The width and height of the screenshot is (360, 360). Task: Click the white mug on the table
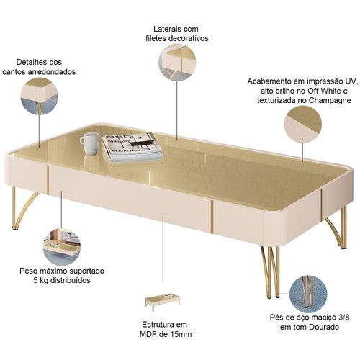[x=90, y=143]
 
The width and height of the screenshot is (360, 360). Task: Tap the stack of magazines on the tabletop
[x=132, y=148]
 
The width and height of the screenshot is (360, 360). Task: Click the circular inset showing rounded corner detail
[x=40, y=96]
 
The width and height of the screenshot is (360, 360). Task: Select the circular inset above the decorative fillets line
[x=177, y=63]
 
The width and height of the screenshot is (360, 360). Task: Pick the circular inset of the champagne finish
[x=303, y=125]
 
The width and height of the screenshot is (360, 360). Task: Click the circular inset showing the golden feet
[x=308, y=294]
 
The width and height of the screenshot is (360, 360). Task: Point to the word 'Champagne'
[x=330, y=100]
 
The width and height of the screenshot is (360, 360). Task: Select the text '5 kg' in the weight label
[x=40, y=280]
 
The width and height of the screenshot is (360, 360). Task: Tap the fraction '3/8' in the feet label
[x=344, y=318]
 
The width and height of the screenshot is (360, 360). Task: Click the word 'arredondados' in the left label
[x=52, y=72]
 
